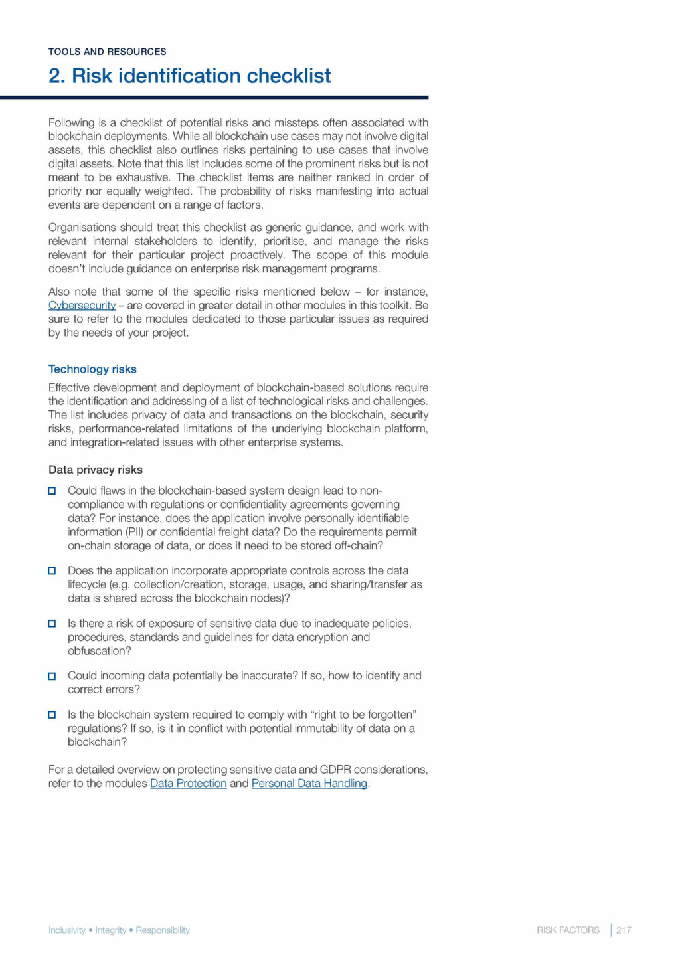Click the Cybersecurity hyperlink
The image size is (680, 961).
point(82,306)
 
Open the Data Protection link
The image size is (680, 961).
point(189,784)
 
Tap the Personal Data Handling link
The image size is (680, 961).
point(309,784)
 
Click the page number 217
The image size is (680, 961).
point(624,930)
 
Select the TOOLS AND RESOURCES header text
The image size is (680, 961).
point(108,52)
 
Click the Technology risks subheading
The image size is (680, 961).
point(92,369)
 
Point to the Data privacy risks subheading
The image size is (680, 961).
point(96,470)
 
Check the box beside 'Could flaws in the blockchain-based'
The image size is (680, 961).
point(52,491)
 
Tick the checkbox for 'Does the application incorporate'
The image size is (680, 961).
point(52,571)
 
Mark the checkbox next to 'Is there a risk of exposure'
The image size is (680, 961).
point(52,624)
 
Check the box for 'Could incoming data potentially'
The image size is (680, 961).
point(52,676)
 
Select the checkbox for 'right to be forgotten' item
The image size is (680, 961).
point(52,715)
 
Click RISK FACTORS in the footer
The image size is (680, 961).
point(568,930)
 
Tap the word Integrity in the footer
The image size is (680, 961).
point(111,930)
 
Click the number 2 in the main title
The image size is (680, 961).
point(56,76)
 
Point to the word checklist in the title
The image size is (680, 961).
point(289,76)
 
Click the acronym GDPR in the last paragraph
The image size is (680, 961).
point(335,770)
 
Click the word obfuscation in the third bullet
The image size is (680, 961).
point(99,651)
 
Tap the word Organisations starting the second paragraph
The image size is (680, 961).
point(81,228)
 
